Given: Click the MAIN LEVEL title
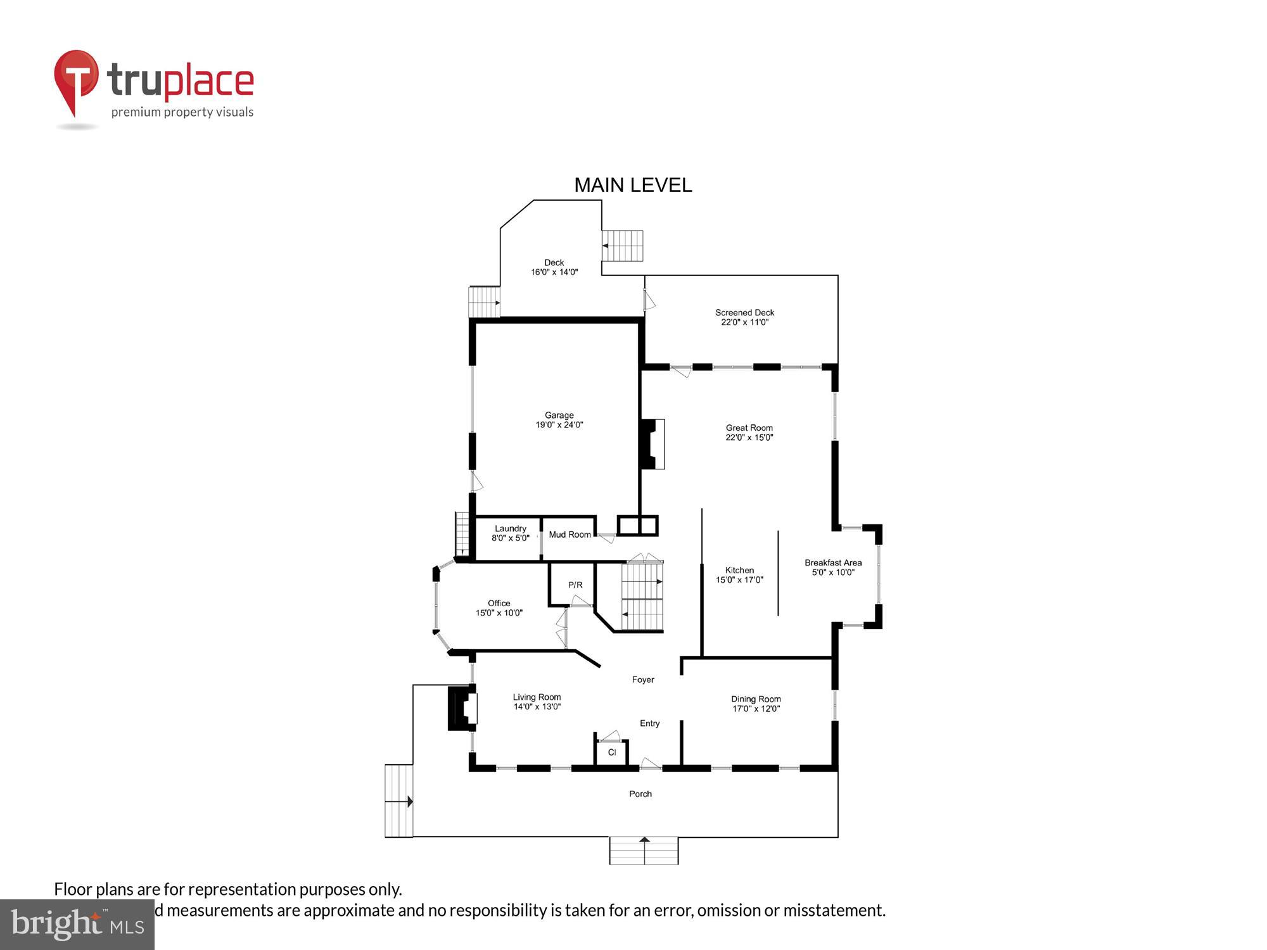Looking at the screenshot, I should coord(633,185).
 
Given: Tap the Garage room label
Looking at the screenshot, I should coord(559,415).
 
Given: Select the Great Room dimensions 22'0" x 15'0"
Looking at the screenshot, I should coord(749,438).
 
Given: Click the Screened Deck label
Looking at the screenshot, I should coord(744,313).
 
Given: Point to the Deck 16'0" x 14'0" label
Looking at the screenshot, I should coord(554,267).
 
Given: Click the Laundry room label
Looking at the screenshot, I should coord(510,529).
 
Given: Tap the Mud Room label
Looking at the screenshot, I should coord(570,535).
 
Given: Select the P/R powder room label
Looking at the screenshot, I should coord(575,585).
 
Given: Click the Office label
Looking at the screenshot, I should coord(499,603).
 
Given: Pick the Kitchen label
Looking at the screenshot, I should coord(739,570).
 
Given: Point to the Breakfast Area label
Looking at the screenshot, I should coord(833,562).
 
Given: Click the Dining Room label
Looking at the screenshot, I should coord(756,699).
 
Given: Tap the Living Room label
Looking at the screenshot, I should coord(537,697).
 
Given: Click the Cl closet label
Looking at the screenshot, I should coord(612,752).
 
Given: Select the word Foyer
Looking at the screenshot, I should coord(643,680).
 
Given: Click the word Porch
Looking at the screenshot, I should coord(640,794).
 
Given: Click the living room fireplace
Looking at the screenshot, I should coord(462,708).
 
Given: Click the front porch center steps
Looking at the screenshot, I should coord(644,851).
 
